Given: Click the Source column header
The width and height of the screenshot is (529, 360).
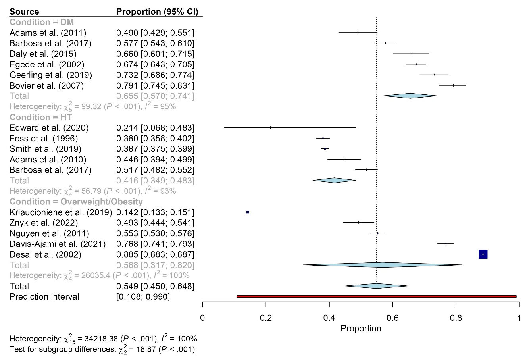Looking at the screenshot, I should pyautogui.click(x=24, y=12).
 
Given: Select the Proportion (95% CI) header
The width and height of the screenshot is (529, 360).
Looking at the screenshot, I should pyautogui.click(x=157, y=12).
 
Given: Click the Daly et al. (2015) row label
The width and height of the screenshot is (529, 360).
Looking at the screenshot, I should pyautogui.click(x=43, y=54).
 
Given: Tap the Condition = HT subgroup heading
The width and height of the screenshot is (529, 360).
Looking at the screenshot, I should pyautogui.click(x=40, y=117).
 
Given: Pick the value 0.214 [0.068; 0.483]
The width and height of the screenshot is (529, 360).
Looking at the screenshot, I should pyautogui.click(x=155, y=128).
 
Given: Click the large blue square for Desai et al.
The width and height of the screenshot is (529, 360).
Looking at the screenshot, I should pyautogui.click(x=483, y=254).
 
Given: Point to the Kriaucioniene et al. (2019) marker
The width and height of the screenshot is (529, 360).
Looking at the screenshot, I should pyautogui.click(x=248, y=212).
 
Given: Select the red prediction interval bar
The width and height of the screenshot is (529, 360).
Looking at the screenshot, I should pyautogui.click(x=376, y=296).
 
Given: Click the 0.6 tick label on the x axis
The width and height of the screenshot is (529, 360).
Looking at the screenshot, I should pyautogui.click(x=392, y=318).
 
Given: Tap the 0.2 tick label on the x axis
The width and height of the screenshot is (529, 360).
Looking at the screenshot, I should pyautogui.click(x=266, y=318).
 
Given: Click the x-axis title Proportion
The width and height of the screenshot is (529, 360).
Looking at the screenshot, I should pyautogui.click(x=361, y=329).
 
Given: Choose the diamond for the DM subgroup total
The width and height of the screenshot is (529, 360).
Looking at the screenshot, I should pyautogui.click(x=410, y=96).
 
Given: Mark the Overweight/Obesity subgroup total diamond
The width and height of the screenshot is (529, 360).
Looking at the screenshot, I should pyautogui.click(x=383, y=265).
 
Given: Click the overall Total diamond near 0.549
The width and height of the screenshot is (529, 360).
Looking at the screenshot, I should pyautogui.click(x=376, y=286).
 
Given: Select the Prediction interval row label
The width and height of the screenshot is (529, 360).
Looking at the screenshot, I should pyautogui.click(x=44, y=297).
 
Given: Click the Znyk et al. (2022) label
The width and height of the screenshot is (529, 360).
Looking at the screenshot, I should pyautogui.click(x=44, y=223).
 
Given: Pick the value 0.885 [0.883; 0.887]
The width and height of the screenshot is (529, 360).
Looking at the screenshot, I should pyautogui.click(x=155, y=254).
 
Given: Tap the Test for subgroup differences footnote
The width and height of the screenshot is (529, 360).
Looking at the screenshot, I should pyautogui.click(x=102, y=349).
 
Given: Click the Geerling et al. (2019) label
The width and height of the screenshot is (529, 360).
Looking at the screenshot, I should pyautogui.click(x=51, y=75).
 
